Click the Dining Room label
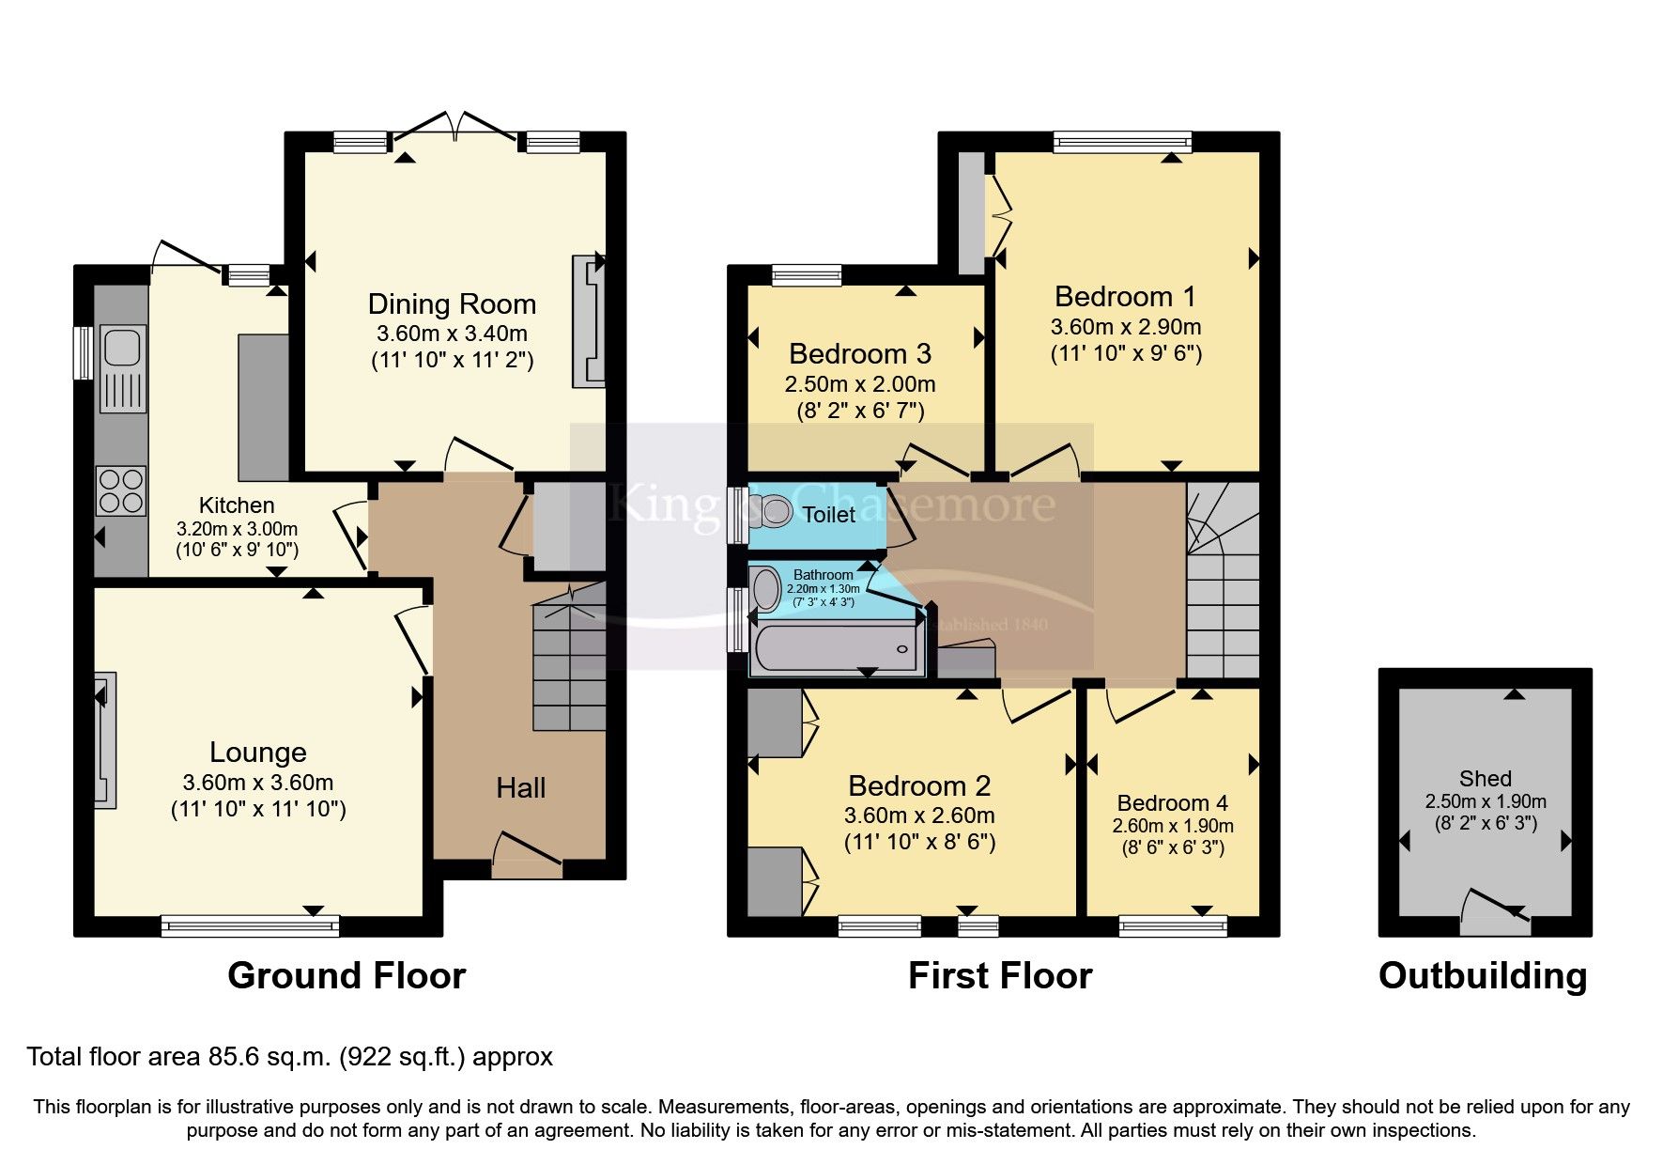(x=452, y=304)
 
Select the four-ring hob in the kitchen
(x=121, y=490)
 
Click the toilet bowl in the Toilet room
(x=773, y=512)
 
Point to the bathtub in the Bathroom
(x=835, y=649)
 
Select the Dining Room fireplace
(x=590, y=320)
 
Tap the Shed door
(x=1495, y=912)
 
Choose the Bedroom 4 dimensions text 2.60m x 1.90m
(x=1172, y=827)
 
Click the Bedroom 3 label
(x=860, y=354)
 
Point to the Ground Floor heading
(x=346, y=976)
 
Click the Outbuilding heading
(x=1483, y=976)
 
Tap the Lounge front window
(x=250, y=926)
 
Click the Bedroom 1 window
(x=1122, y=143)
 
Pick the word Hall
(x=521, y=788)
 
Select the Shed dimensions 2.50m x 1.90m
(x=1486, y=801)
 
